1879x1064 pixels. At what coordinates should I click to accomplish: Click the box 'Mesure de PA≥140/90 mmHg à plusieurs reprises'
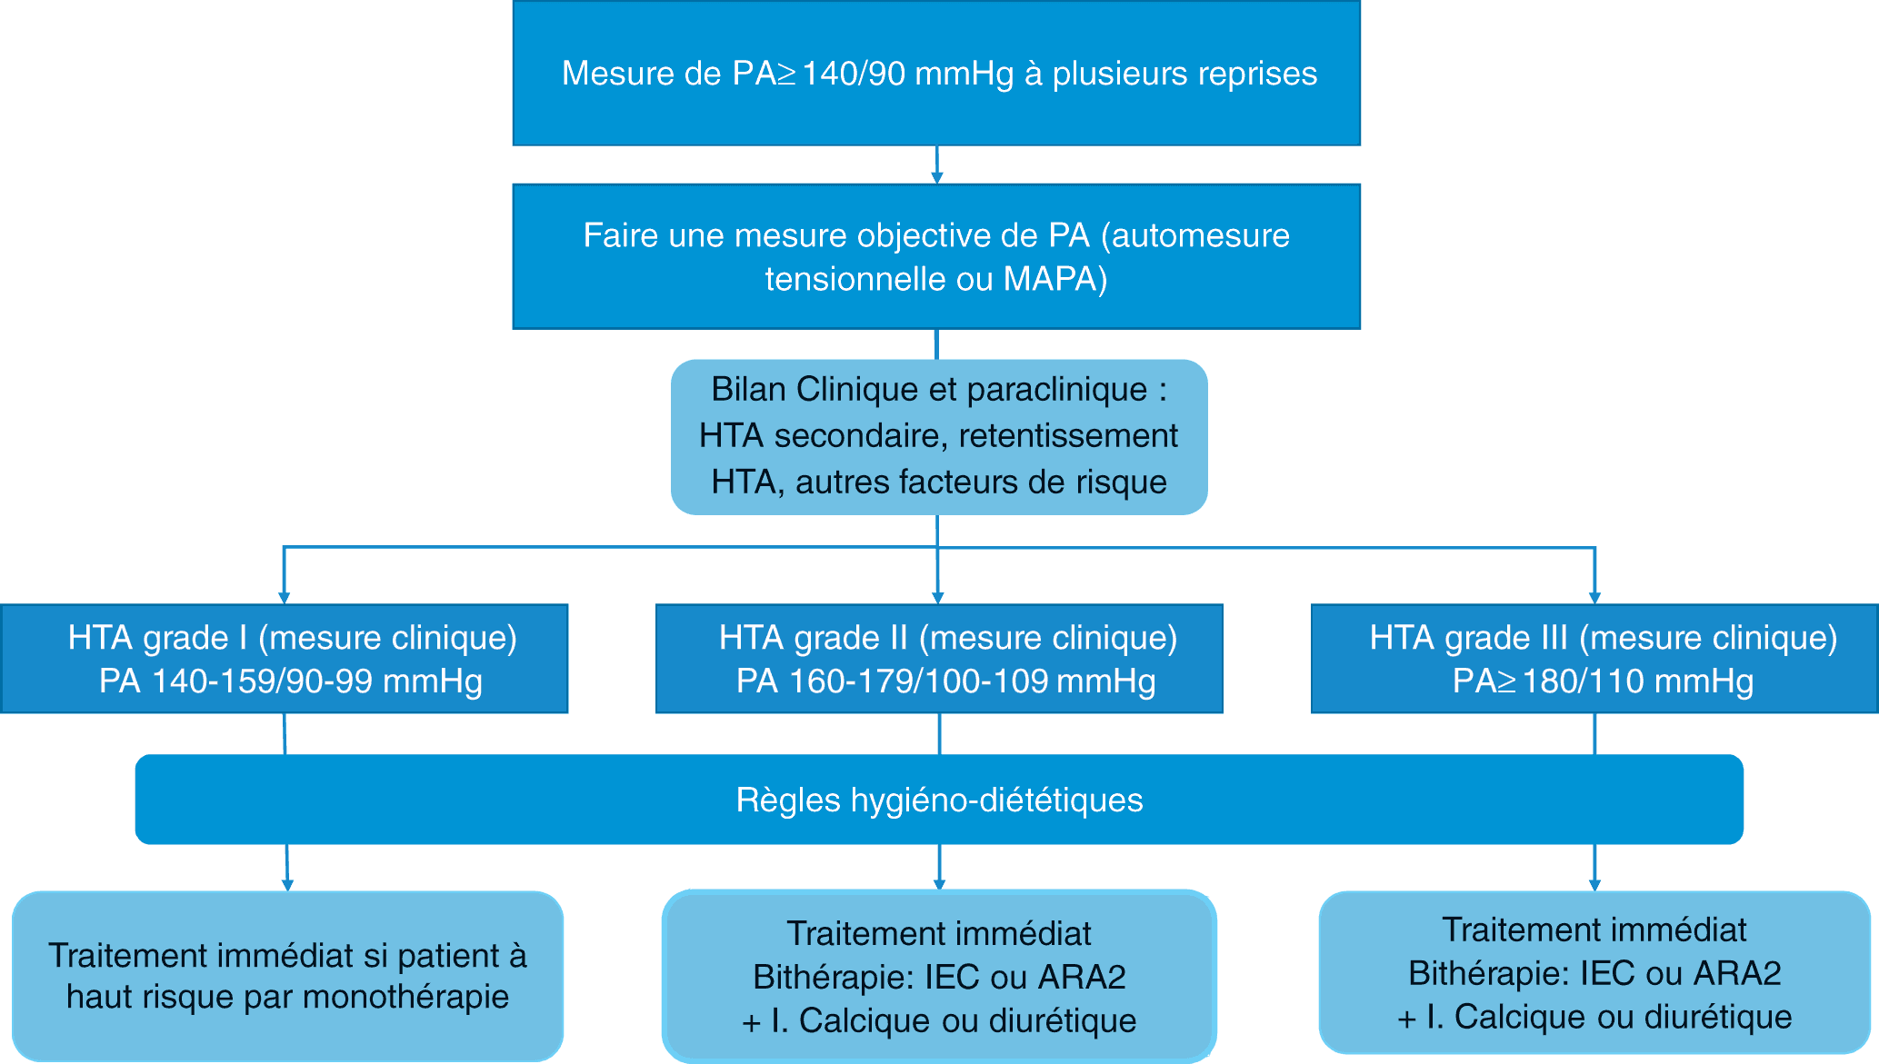coord(936,73)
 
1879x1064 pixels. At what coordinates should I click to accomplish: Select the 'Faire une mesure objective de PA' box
coord(936,256)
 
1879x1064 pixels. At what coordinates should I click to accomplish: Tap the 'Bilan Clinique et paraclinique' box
coord(939,436)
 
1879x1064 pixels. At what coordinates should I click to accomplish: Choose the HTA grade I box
coord(285,658)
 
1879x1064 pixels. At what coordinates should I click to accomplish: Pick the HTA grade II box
coord(939,658)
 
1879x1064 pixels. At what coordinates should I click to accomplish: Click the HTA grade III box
coord(1594,658)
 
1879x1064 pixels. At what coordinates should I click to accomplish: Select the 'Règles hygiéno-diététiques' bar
coord(939,800)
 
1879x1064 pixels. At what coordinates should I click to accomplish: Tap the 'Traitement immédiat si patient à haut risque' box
coord(287,976)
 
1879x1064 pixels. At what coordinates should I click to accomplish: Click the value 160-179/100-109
coord(918,681)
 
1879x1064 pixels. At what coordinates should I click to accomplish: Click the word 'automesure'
coord(1200,235)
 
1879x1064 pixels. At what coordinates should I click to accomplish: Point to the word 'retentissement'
coord(1068,436)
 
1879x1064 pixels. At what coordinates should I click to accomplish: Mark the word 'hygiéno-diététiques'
coord(996,800)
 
